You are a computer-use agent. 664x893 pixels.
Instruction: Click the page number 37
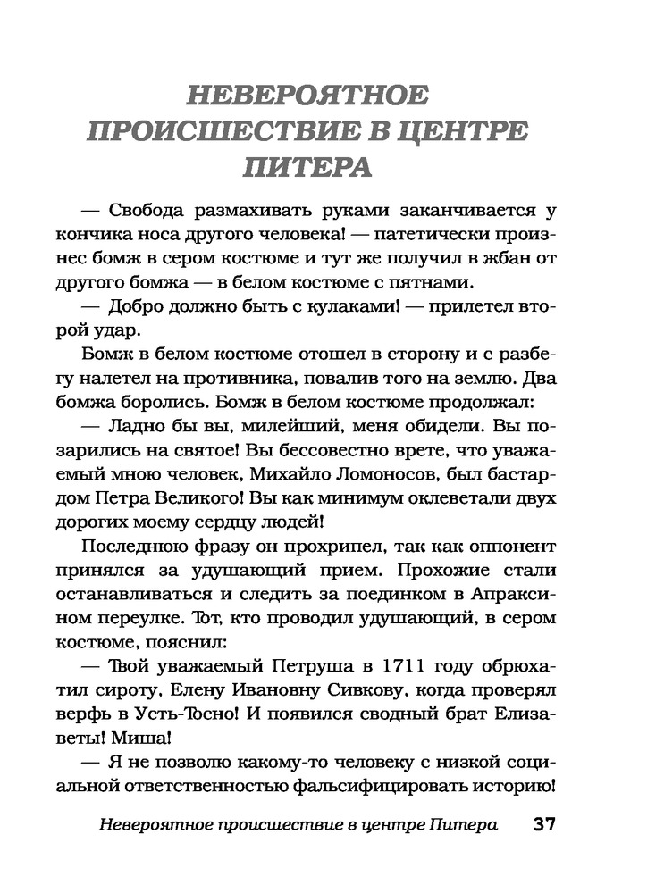544,824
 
